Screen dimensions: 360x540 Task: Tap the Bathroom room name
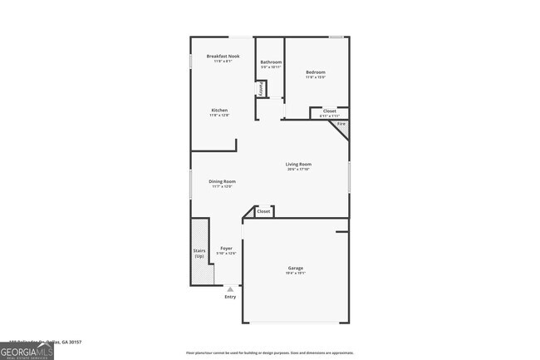[x=271, y=62]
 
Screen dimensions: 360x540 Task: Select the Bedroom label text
[x=316, y=72]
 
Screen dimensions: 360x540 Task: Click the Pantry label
[x=261, y=87]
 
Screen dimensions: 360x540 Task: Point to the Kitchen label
[x=219, y=110]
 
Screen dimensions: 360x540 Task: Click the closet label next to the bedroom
[x=329, y=111]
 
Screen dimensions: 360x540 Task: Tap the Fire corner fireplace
[x=341, y=124]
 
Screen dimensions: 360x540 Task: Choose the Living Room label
[x=298, y=165]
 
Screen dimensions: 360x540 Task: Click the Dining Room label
[x=222, y=180]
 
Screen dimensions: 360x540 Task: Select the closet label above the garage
[x=263, y=211]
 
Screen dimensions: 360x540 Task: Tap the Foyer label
[x=226, y=248]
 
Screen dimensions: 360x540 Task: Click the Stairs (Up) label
[x=199, y=253]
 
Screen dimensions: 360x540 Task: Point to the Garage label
[x=295, y=267]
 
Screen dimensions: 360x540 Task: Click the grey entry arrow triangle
[x=230, y=288]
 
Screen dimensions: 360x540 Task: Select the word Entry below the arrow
[x=230, y=297]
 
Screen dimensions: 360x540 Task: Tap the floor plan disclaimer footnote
[x=270, y=353]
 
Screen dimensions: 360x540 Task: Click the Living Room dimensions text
[x=298, y=170]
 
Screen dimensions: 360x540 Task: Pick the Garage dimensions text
[x=295, y=272]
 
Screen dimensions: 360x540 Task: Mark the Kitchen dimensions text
[x=219, y=115]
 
